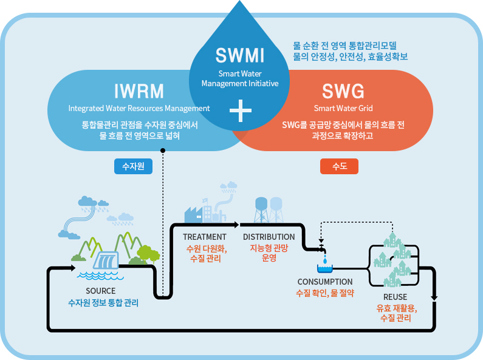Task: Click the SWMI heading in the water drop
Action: point(241,56)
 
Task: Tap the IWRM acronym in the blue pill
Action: point(139,91)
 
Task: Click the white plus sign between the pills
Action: point(241,111)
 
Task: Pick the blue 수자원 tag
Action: point(132,166)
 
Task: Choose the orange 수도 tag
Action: point(339,166)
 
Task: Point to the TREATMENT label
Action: point(204,237)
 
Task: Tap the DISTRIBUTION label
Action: point(269,237)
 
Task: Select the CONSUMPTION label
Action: point(324,282)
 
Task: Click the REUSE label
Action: point(395,297)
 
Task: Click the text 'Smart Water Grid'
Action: point(343,109)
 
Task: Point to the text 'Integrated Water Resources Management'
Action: point(139,109)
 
